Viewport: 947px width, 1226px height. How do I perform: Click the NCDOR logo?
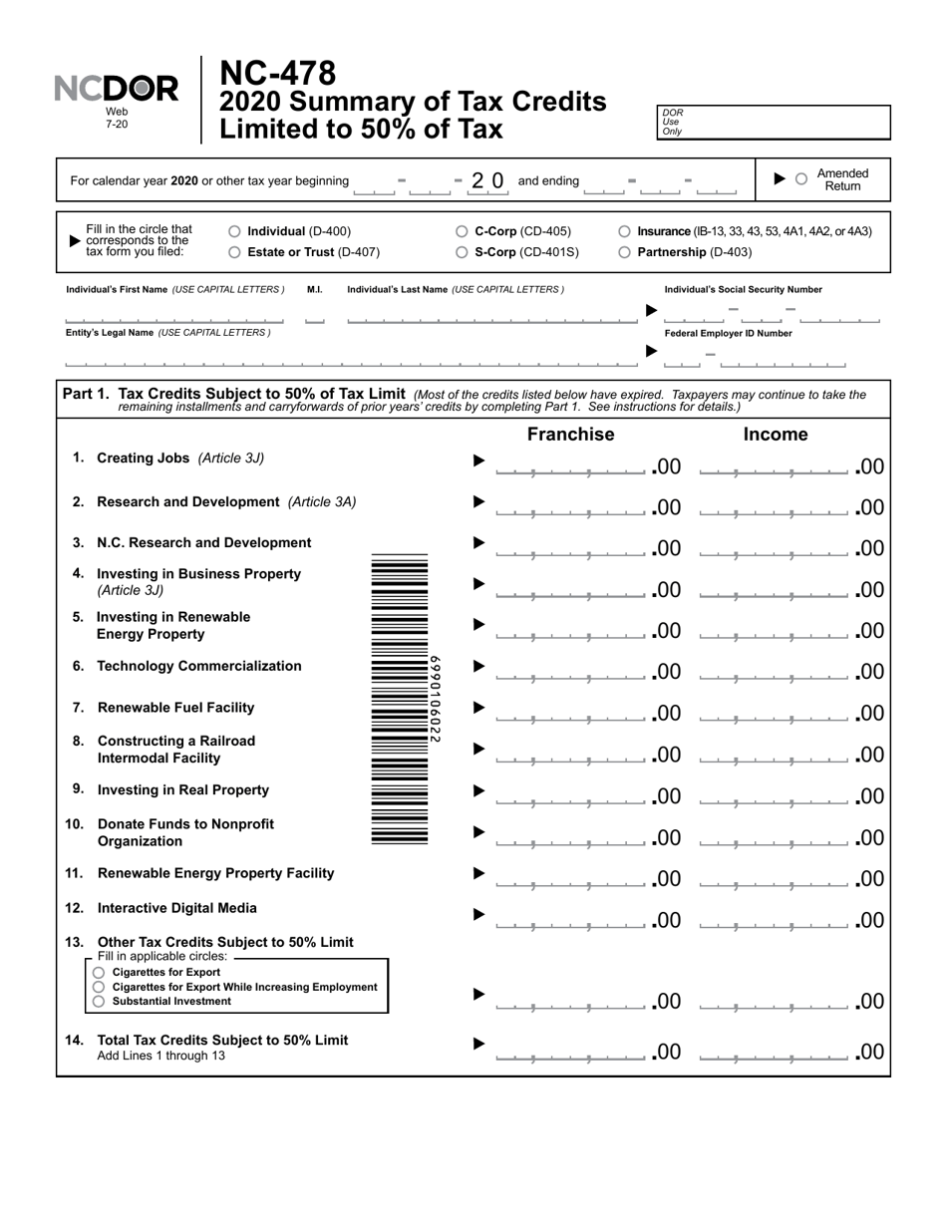[x=117, y=90]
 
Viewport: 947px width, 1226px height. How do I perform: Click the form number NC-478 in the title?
[x=277, y=73]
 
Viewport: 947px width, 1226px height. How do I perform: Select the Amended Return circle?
[x=800, y=179]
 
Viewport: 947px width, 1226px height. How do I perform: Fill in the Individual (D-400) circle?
[x=234, y=231]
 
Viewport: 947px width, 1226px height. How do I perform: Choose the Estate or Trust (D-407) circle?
[x=234, y=252]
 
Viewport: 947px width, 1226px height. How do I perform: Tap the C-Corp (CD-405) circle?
[x=462, y=231]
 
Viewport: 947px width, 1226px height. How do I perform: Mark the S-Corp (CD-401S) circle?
[x=462, y=252]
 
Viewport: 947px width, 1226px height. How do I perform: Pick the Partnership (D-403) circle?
[x=625, y=252]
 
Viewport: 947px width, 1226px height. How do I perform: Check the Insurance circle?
[x=625, y=231]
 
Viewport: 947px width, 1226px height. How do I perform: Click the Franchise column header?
[x=570, y=435]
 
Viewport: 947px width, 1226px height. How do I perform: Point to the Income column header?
[x=776, y=435]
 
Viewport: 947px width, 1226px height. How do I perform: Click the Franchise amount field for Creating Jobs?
[x=570, y=465]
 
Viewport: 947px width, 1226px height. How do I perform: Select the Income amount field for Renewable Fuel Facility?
[x=776, y=713]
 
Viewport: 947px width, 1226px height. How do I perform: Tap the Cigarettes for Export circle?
[x=99, y=972]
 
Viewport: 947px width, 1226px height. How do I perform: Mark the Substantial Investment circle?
[x=99, y=1001]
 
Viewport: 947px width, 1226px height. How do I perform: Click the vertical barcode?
[x=401, y=699]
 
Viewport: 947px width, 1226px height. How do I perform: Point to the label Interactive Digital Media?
[x=176, y=908]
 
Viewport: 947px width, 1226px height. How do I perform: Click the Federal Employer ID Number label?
[x=728, y=334]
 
